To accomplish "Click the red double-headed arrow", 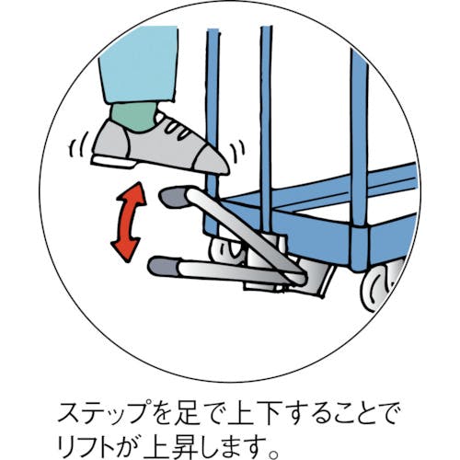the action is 128,222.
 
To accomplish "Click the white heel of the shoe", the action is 113,161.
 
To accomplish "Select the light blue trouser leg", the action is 139,63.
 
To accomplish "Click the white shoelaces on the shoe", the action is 177,128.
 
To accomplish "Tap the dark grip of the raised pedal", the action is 173,197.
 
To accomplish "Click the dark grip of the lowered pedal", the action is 163,266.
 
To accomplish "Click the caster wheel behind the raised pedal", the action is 227,249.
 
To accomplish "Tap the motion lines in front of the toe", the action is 238,151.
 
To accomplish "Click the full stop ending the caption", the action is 273,451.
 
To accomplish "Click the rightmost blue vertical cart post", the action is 360,138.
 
